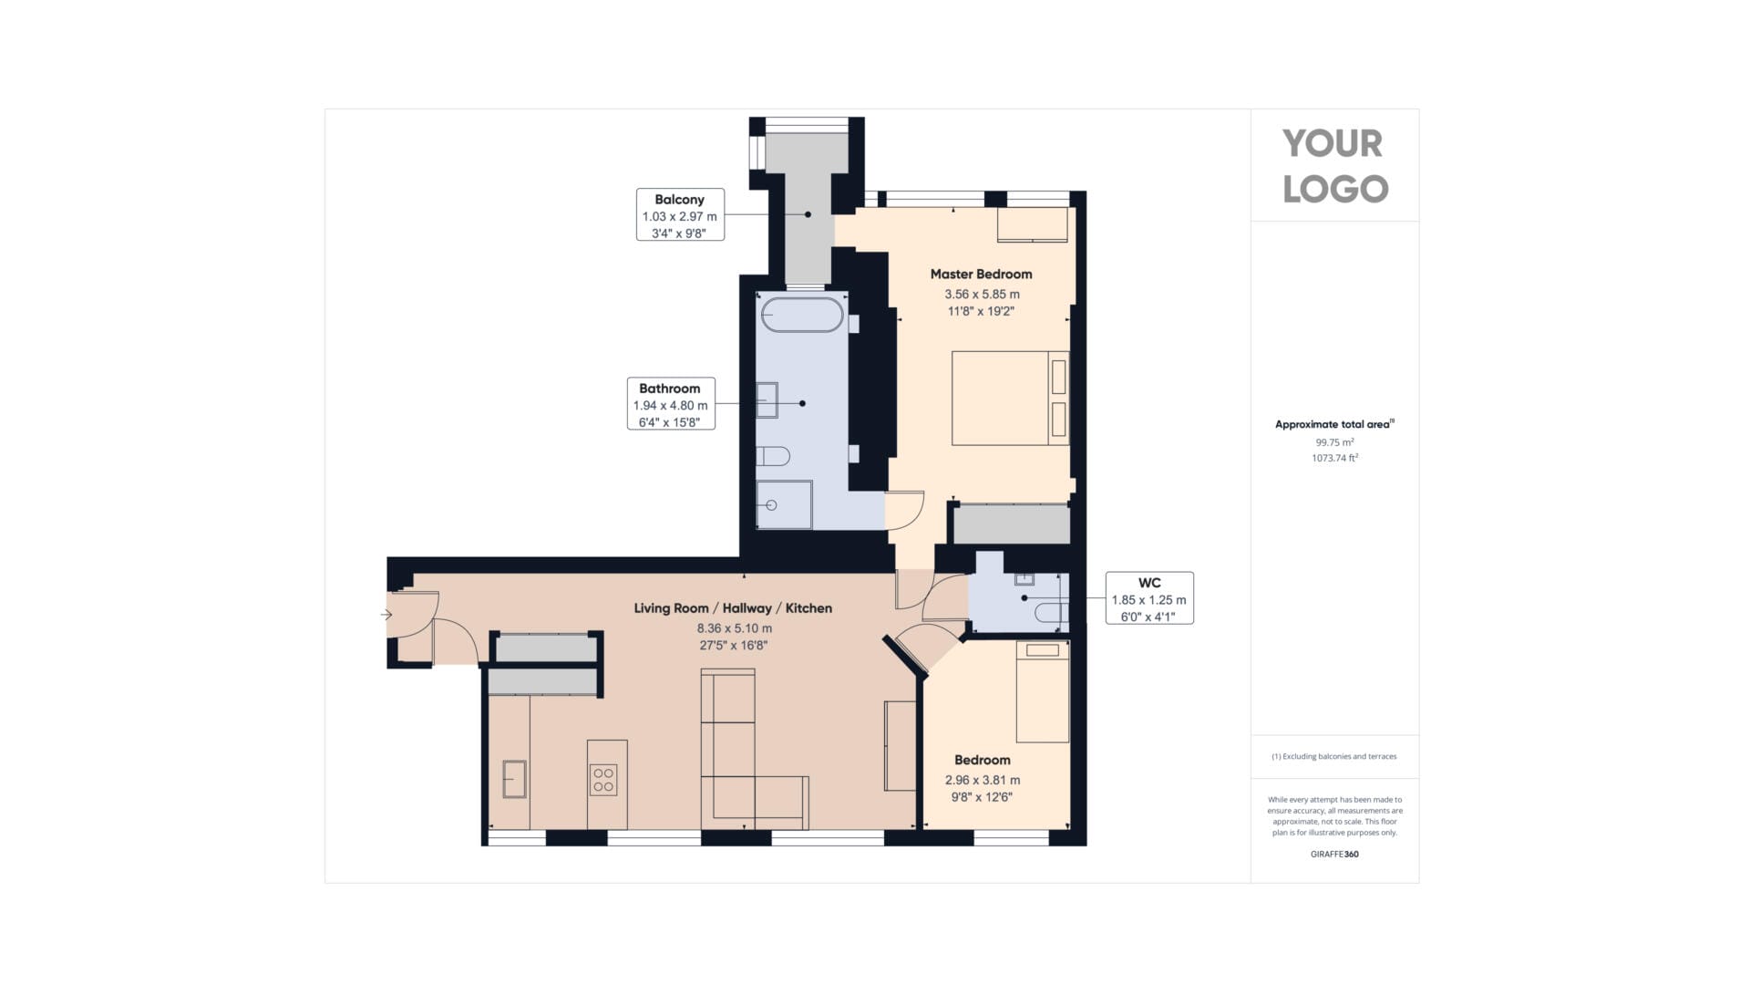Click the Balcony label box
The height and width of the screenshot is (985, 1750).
pyautogui.click(x=680, y=215)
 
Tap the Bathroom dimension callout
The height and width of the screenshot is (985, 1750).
pyautogui.click(x=671, y=403)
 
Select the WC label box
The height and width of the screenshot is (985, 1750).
pyautogui.click(x=1149, y=598)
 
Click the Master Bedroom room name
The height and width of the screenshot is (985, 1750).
pyautogui.click(x=981, y=274)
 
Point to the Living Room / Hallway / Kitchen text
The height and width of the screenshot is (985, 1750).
pyautogui.click(x=733, y=608)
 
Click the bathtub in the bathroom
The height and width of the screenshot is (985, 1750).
pyautogui.click(x=802, y=315)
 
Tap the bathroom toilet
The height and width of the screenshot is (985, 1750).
pyautogui.click(x=773, y=455)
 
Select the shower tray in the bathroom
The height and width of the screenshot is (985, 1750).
pyautogui.click(x=784, y=504)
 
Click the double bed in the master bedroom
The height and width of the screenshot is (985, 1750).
pyautogui.click(x=1011, y=399)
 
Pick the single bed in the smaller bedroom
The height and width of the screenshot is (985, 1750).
pyautogui.click(x=1043, y=692)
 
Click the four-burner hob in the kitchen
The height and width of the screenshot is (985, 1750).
pyautogui.click(x=603, y=780)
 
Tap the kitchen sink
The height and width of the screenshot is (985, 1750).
pyautogui.click(x=515, y=779)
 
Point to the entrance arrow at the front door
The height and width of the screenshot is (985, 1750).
pyautogui.click(x=386, y=615)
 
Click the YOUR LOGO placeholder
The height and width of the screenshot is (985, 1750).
pyautogui.click(x=1335, y=166)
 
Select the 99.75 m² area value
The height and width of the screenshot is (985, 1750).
pyautogui.click(x=1334, y=442)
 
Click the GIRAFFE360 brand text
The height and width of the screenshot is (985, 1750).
pyautogui.click(x=1334, y=855)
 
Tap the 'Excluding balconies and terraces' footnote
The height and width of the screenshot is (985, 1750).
pyautogui.click(x=1334, y=756)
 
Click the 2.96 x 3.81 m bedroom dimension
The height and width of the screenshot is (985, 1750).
pyautogui.click(x=983, y=780)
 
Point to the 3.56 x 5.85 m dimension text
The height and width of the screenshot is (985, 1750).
pyautogui.click(x=982, y=295)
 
